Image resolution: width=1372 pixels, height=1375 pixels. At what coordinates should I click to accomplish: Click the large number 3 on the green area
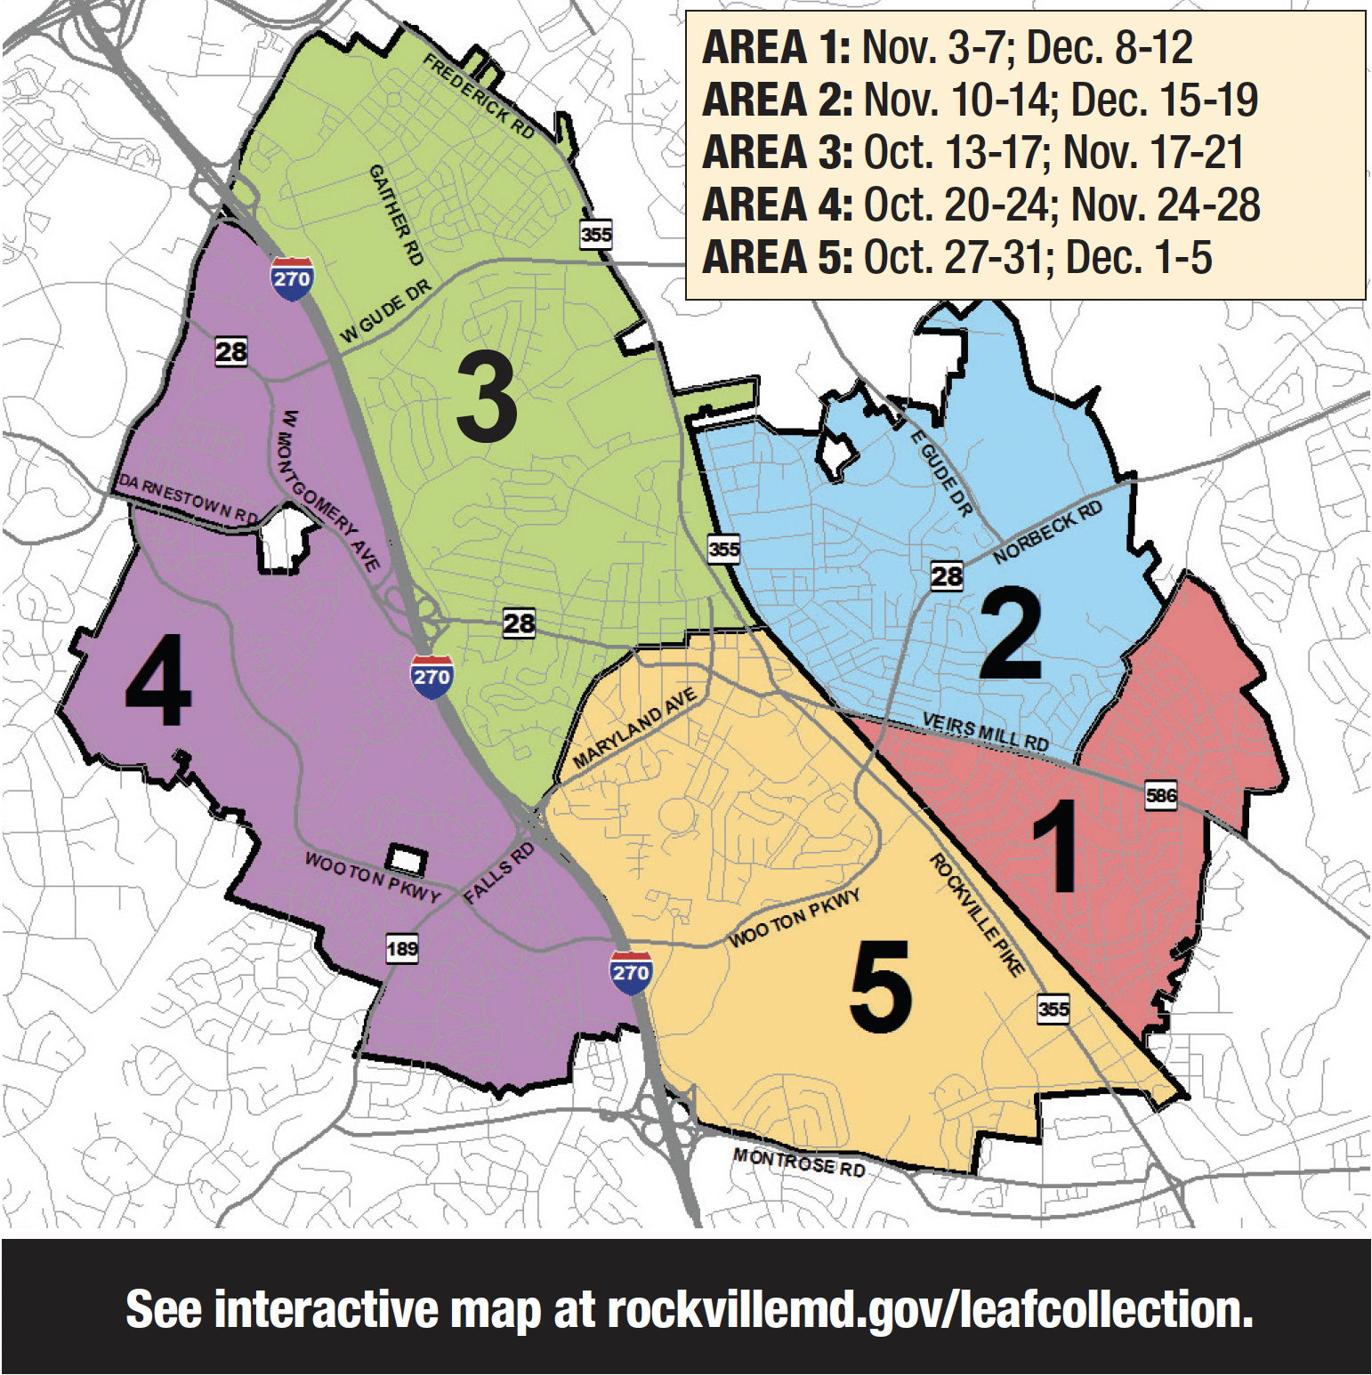click(x=487, y=397)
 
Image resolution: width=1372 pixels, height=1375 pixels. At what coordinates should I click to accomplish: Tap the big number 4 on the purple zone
click(x=158, y=680)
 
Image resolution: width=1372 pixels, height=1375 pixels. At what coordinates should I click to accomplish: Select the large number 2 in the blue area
click(x=1011, y=634)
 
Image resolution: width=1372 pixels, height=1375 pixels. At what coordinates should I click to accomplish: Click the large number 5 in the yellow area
click(x=881, y=987)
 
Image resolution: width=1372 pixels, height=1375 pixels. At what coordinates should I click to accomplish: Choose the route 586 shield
click(x=1160, y=795)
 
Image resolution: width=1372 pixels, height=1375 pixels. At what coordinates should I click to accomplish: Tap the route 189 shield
click(x=402, y=949)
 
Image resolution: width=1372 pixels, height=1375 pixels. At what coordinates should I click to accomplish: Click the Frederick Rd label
click(x=479, y=96)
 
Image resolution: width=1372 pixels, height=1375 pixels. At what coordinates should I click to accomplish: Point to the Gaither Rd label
click(x=396, y=214)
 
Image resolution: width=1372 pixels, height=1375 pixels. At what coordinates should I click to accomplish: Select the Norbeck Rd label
click(x=1047, y=532)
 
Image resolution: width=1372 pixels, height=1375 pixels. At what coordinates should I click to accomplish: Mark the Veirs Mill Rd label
click(x=985, y=731)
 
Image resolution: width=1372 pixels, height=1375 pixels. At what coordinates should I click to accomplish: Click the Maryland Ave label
click(x=634, y=728)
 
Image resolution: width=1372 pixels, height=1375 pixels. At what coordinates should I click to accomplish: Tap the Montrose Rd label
click(x=799, y=1162)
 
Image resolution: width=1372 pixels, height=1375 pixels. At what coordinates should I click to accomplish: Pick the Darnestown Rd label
click(x=189, y=499)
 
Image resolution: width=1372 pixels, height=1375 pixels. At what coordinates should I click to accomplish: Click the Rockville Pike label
click(x=977, y=914)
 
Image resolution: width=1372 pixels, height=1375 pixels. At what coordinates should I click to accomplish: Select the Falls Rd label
click(x=499, y=873)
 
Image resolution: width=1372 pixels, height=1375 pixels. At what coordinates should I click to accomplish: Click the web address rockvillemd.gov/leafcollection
click(x=930, y=1309)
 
